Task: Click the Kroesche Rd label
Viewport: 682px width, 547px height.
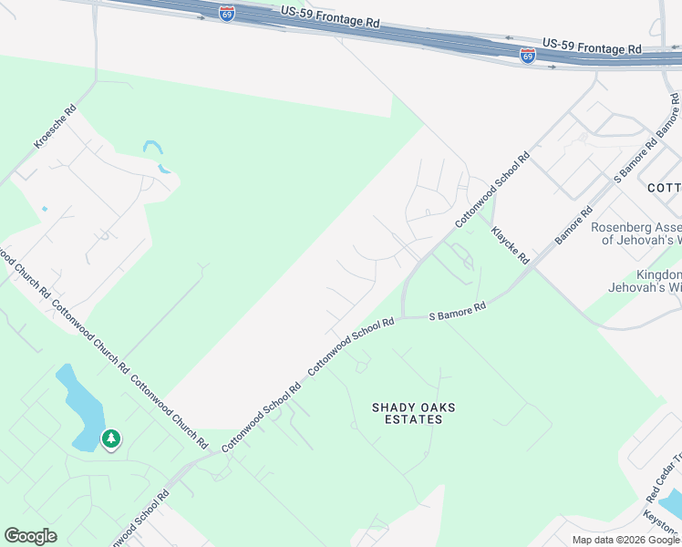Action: [55, 127]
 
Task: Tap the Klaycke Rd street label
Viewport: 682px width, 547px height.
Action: [510, 245]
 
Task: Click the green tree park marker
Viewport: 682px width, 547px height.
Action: [111, 439]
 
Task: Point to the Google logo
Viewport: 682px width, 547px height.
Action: [30, 535]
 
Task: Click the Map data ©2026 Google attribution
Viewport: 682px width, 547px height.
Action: [625, 540]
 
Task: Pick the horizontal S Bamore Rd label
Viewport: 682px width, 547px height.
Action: [457, 313]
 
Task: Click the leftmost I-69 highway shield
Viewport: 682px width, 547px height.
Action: [227, 14]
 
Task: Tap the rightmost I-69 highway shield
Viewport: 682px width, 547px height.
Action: [528, 55]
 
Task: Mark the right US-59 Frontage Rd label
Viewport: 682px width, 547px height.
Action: [592, 46]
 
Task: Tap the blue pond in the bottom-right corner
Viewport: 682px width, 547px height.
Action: [671, 501]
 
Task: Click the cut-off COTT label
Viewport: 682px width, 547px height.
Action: [664, 188]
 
